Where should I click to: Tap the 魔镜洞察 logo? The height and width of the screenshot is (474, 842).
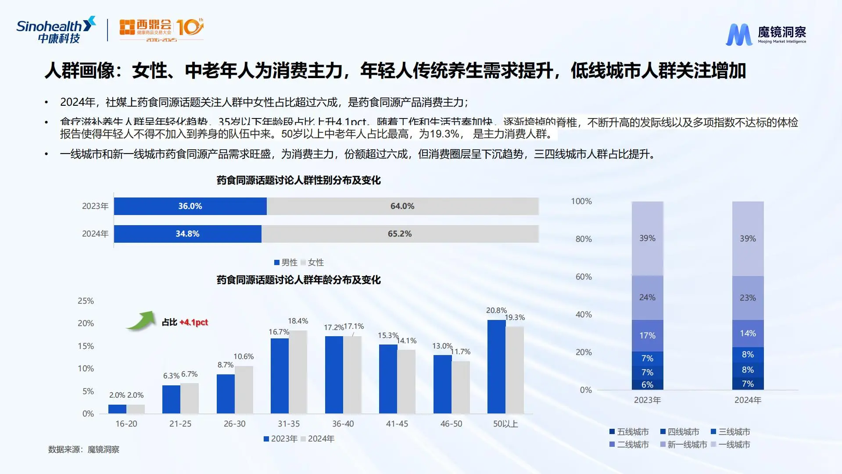pyautogui.click(x=766, y=34)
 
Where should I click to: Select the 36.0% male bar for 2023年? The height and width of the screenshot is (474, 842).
pyautogui.click(x=190, y=206)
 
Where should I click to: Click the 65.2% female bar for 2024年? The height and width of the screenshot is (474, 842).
pyautogui.click(x=400, y=234)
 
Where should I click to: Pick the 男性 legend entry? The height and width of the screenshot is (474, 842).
pyautogui.click(x=286, y=262)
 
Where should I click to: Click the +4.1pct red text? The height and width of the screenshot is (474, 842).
pyautogui.click(x=193, y=323)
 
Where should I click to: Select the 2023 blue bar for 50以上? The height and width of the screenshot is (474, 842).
pyautogui.click(x=496, y=366)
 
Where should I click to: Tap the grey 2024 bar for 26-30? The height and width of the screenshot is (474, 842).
pyautogui.click(x=244, y=390)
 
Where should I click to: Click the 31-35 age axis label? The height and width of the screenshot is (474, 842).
pyautogui.click(x=289, y=424)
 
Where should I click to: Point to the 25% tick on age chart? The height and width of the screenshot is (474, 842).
pyautogui.click(x=86, y=301)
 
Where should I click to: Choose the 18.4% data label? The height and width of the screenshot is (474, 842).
pyautogui.click(x=298, y=321)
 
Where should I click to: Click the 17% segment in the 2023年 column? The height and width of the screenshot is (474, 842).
pyautogui.click(x=647, y=336)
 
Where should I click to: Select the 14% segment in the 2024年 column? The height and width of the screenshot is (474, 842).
pyautogui.click(x=748, y=334)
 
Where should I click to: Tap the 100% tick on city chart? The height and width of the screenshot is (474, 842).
pyautogui.click(x=581, y=201)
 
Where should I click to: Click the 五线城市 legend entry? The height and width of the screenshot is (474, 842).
pyautogui.click(x=629, y=432)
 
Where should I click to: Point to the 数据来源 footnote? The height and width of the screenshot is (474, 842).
pyautogui.click(x=84, y=449)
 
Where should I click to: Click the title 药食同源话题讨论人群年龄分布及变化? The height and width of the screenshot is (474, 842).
pyautogui.click(x=298, y=280)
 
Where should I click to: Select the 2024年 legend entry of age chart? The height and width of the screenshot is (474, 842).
pyautogui.click(x=318, y=439)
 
